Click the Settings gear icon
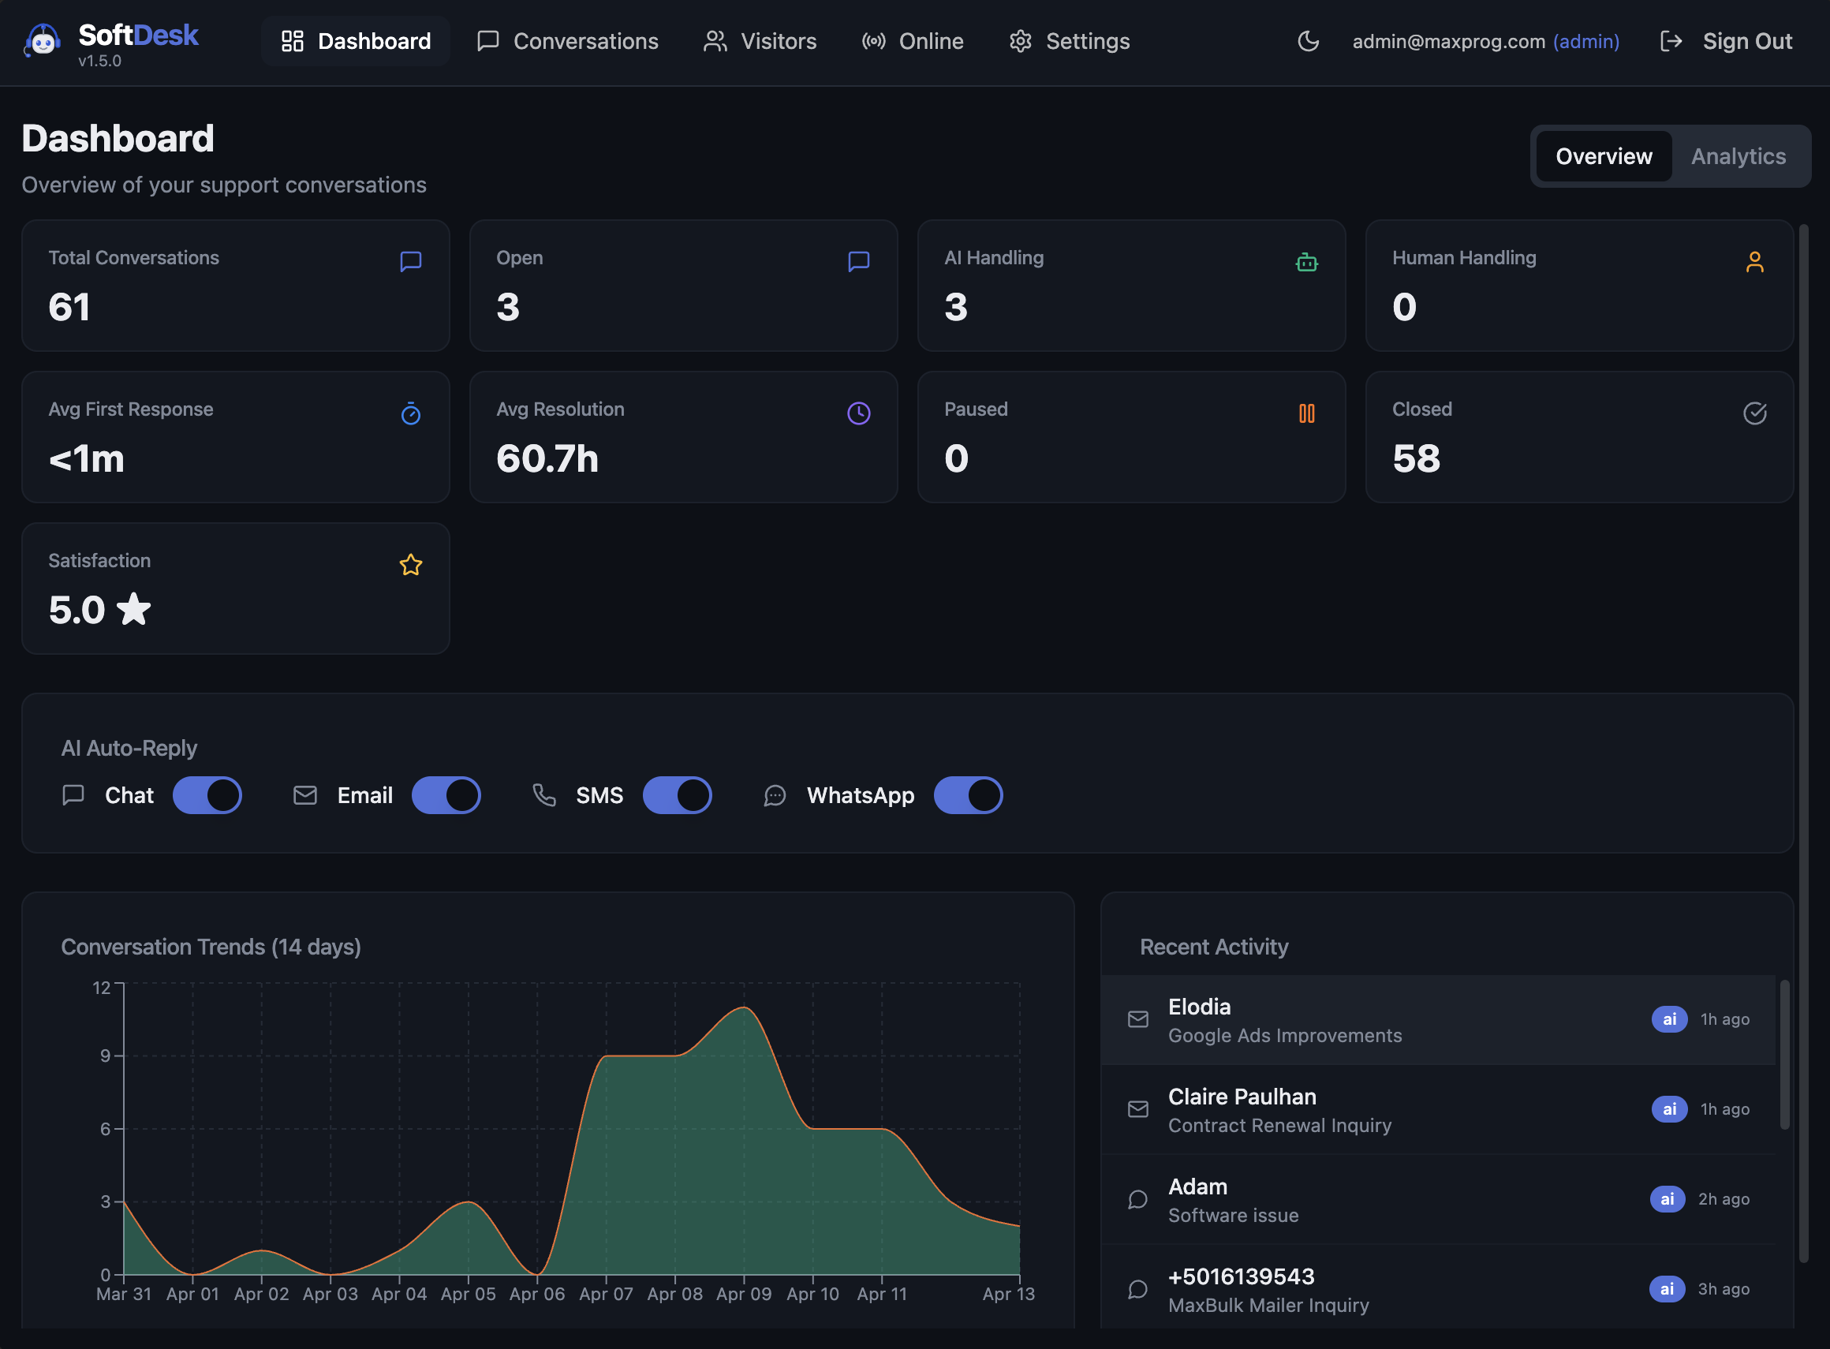1020,41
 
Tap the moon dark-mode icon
1308,41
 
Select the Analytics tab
1738,156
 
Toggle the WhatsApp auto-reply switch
968,795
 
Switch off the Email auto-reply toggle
446,795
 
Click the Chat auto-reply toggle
207,795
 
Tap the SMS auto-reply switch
677,795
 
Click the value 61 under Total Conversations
69,307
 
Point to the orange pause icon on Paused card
1306,413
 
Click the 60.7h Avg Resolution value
547,459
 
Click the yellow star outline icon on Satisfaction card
411,564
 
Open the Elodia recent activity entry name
1199,1007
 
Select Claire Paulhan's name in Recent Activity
1242,1097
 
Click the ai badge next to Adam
1667,1199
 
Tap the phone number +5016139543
1241,1276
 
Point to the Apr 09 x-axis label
743,1295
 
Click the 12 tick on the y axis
101,988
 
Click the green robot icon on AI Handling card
1306,262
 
